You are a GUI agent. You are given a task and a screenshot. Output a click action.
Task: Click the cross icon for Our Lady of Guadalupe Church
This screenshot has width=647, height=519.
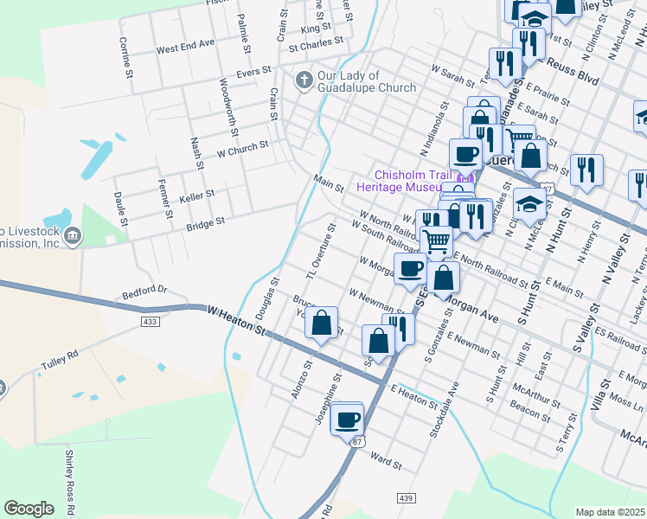tap(303, 80)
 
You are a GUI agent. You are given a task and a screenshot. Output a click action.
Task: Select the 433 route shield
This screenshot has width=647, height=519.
tap(151, 322)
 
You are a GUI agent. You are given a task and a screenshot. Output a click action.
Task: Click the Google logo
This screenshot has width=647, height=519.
tap(29, 509)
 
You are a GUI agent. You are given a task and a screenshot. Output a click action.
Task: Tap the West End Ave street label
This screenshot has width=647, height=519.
tap(185, 44)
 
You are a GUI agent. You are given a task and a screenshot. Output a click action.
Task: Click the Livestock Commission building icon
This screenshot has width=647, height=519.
tap(73, 235)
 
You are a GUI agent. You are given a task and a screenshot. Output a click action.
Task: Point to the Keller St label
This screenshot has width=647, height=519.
tap(196, 198)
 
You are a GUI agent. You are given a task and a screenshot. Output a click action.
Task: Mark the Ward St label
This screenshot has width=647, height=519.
tap(386, 458)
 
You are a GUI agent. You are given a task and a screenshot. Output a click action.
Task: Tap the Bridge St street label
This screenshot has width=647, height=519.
tap(206, 224)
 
